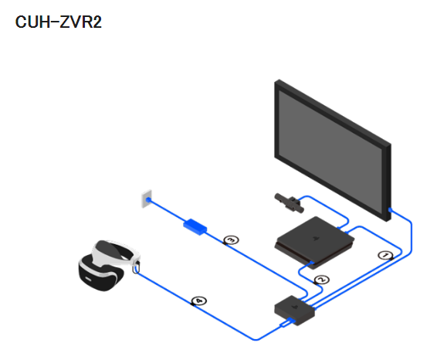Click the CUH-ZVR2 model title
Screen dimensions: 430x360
(59, 22)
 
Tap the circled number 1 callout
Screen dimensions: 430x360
(385, 256)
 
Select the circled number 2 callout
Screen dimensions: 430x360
(322, 280)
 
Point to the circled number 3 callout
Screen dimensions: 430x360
(231, 240)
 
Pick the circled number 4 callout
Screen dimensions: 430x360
(199, 301)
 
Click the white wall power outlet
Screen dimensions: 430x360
(147, 199)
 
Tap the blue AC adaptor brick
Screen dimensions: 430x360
(195, 227)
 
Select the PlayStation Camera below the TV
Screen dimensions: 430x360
(289, 203)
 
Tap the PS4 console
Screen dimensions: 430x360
(314, 243)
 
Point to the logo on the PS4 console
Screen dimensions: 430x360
(315, 238)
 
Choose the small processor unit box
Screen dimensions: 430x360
(295, 311)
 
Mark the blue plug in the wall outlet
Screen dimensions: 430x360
(148, 200)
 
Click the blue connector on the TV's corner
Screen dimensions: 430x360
(390, 210)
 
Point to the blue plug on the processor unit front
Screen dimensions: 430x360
(288, 323)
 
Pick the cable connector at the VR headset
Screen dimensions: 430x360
(136, 267)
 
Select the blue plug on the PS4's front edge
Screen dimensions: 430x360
(311, 263)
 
